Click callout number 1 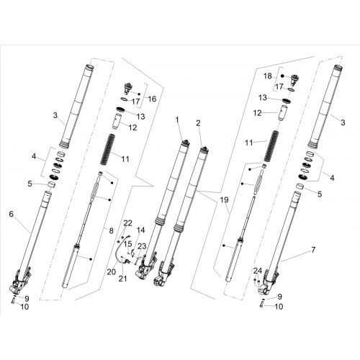[x=177, y=120]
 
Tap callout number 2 [x=198, y=123]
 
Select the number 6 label [x=12, y=214]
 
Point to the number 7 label [x=313, y=250]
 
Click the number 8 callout [x=111, y=231]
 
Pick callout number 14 [x=141, y=230]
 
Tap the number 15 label [x=128, y=244]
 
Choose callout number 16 [x=152, y=99]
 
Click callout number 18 [x=268, y=76]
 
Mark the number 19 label [x=225, y=199]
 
